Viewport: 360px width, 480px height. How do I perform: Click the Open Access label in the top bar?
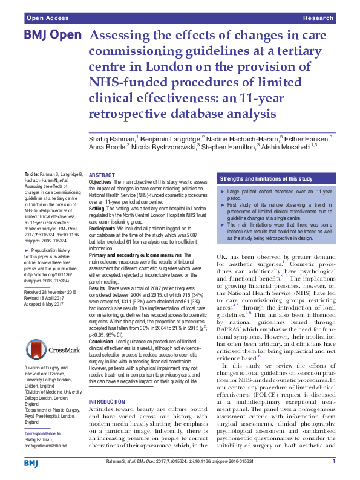pyautogui.click(x=47, y=19)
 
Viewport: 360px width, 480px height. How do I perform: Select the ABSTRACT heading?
pyautogui.click(x=102, y=174)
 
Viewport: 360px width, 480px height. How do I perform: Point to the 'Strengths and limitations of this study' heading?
pyautogui.click(x=266, y=180)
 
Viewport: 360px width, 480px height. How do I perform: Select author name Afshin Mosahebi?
pyautogui.click(x=293, y=146)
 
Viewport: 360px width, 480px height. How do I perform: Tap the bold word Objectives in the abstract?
pyautogui.click(x=100, y=182)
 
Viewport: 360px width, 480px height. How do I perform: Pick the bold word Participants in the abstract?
pyautogui.click(x=102, y=213)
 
